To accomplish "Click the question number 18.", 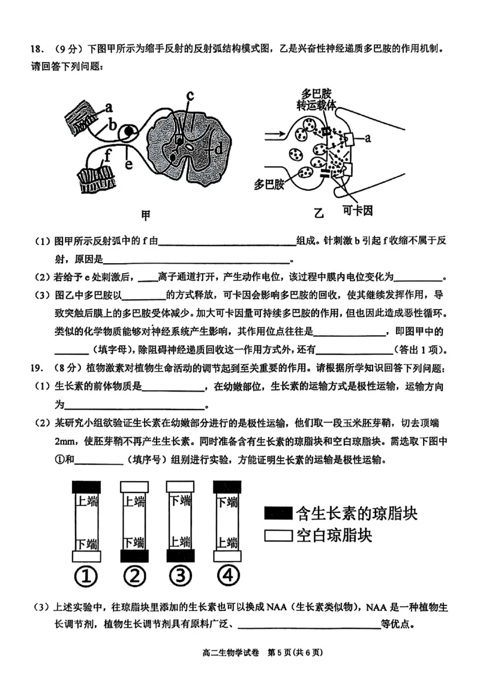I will pyautogui.click(x=21, y=50).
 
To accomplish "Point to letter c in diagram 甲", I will pyautogui.click(x=190, y=95).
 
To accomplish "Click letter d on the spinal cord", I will pyautogui.click(x=218, y=146).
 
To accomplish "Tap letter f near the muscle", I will pyautogui.click(x=107, y=154).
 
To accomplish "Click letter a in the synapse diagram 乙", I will pyautogui.click(x=368, y=138).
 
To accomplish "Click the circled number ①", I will pyautogui.click(x=86, y=577).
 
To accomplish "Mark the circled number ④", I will pyautogui.click(x=227, y=576).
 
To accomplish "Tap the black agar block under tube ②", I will pyautogui.click(x=133, y=556).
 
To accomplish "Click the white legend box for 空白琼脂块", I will pyautogui.click(x=277, y=535).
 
